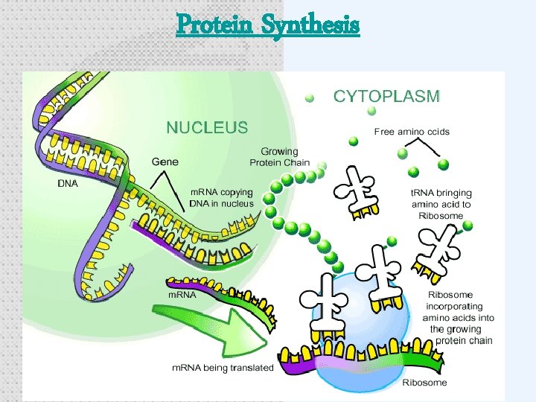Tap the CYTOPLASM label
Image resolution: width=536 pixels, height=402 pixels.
[386, 96]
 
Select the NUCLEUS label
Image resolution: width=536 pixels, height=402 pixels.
[207, 127]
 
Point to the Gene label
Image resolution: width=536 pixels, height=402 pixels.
[165, 161]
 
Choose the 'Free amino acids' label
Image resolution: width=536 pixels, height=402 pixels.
[412, 132]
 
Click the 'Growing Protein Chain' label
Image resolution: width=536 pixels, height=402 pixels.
[279, 157]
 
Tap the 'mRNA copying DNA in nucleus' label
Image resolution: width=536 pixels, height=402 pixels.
[222, 198]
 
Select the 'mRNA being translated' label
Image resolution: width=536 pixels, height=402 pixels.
[223, 368]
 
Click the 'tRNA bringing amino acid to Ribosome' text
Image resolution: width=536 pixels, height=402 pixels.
[441, 204]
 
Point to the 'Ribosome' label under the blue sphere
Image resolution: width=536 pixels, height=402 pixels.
[424, 383]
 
